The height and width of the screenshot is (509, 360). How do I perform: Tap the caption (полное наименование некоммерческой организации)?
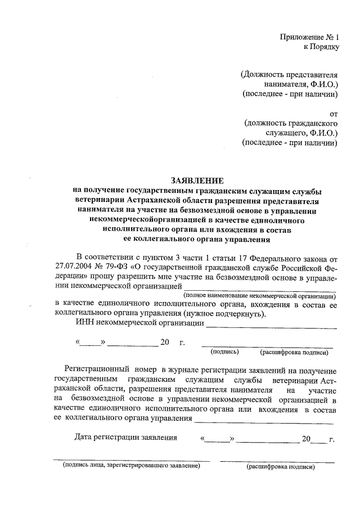pyautogui.click(x=258, y=296)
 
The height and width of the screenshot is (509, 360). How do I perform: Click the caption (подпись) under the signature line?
pyautogui.click(x=225, y=352)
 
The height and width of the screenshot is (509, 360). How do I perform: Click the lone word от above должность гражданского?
pyautogui.click(x=332, y=112)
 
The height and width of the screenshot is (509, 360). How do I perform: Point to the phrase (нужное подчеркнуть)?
pyautogui.click(x=224, y=314)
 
